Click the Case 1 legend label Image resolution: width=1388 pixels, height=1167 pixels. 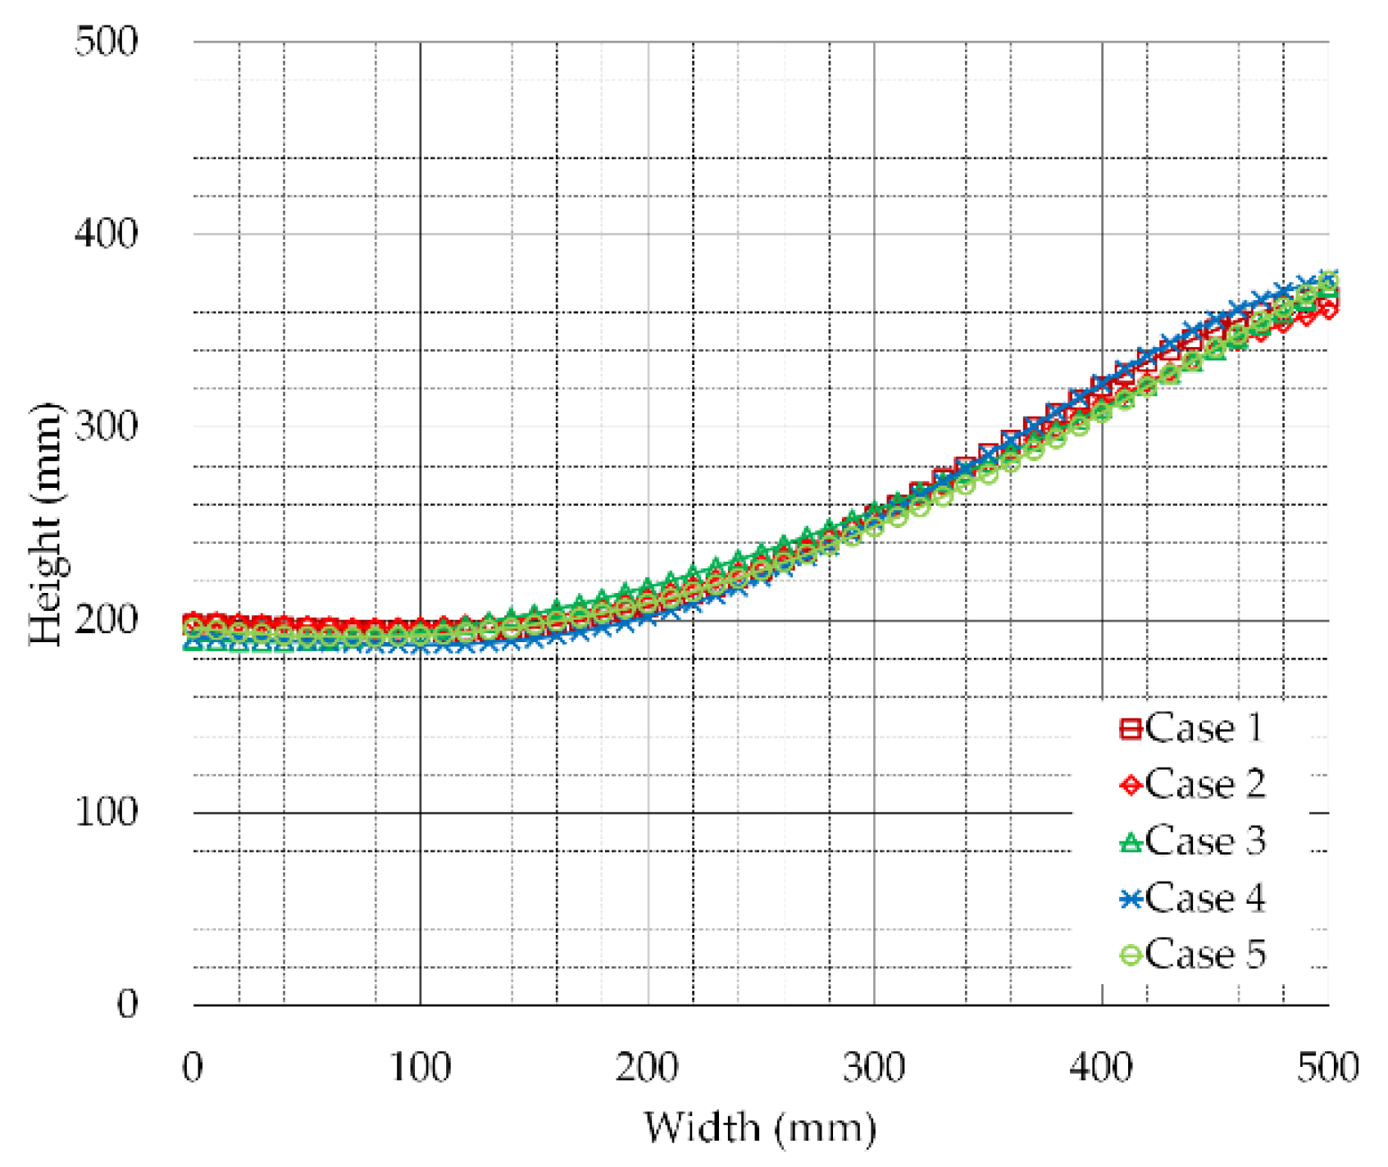[x=1204, y=728]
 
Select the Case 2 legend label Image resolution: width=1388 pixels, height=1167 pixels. [x=1205, y=785]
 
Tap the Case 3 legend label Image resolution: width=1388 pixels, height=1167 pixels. [x=1205, y=841]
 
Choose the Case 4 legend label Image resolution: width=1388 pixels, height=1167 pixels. [x=1205, y=898]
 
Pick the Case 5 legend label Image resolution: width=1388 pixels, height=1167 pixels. [x=1205, y=955]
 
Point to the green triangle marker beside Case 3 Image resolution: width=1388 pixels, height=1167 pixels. [x=1131, y=842]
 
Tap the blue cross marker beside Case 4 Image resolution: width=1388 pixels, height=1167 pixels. [x=1131, y=900]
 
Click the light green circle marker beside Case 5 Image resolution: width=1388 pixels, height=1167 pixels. [x=1131, y=955]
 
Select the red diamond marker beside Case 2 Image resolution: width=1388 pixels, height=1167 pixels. [x=1131, y=786]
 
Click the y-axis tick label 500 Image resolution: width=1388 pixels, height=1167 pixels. [x=107, y=41]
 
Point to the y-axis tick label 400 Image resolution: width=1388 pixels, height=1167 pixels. [x=107, y=234]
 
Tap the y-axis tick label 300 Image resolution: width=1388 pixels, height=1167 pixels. [x=107, y=426]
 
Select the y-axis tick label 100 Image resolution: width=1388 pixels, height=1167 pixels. [x=107, y=813]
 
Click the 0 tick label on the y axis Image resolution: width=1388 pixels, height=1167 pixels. [x=127, y=1004]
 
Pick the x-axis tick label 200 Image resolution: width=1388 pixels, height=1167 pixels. [x=647, y=1068]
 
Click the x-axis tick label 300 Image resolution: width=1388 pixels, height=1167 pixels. [x=874, y=1068]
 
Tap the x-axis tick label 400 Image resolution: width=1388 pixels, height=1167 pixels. [x=1101, y=1068]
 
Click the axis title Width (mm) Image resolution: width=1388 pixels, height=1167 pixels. [x=760, y=1128]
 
